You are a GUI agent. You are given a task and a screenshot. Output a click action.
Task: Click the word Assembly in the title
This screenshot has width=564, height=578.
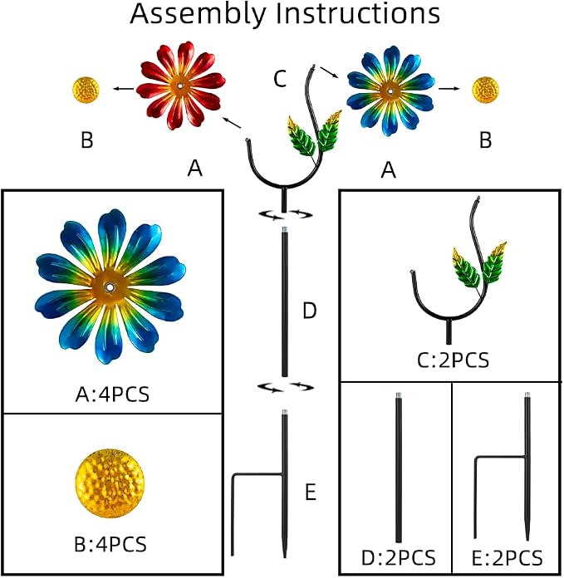tap(198, 15)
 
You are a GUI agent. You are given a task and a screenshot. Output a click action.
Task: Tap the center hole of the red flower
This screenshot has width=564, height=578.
tap(180, 86)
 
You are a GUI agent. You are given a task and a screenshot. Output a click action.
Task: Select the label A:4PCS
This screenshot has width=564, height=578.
tap(112, 394)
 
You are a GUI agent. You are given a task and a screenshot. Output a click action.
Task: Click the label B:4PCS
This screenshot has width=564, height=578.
tap(110, 544)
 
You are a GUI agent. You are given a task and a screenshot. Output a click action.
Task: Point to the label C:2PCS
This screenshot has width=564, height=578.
tap(453, 360)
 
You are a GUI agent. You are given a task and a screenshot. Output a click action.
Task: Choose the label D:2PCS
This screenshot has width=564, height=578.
tap(399, 557)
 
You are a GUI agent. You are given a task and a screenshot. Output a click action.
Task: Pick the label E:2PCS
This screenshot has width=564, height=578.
tap(507, 557)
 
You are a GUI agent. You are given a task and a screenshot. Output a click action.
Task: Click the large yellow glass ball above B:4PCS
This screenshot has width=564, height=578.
tap(110, 483)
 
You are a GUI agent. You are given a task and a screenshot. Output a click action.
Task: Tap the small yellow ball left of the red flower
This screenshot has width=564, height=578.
tap(86, 89)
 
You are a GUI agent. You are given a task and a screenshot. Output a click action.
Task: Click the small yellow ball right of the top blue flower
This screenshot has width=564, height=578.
tap(486, 90)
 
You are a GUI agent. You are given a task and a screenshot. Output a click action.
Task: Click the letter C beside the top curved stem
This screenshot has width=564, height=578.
tap(280, 79)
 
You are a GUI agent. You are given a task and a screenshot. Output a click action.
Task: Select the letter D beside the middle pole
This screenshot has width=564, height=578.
tap(310, 311)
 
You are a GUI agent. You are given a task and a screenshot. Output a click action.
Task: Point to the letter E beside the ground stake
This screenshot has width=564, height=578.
tap(311, 492)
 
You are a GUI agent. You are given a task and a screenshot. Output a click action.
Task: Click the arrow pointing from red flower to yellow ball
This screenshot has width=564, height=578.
tap(124, 88)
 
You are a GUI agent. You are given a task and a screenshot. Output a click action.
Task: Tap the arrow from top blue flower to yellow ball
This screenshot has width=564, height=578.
tap(449, 89)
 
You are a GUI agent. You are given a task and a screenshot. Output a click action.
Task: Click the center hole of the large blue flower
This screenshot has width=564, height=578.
tap(110, 287)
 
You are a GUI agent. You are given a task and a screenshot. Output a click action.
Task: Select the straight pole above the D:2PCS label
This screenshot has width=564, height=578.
tap(399, 468)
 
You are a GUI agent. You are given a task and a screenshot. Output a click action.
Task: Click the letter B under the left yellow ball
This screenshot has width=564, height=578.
tap(87, 140)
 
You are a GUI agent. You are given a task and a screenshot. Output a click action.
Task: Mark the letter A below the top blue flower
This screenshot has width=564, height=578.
tap(389, 170)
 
